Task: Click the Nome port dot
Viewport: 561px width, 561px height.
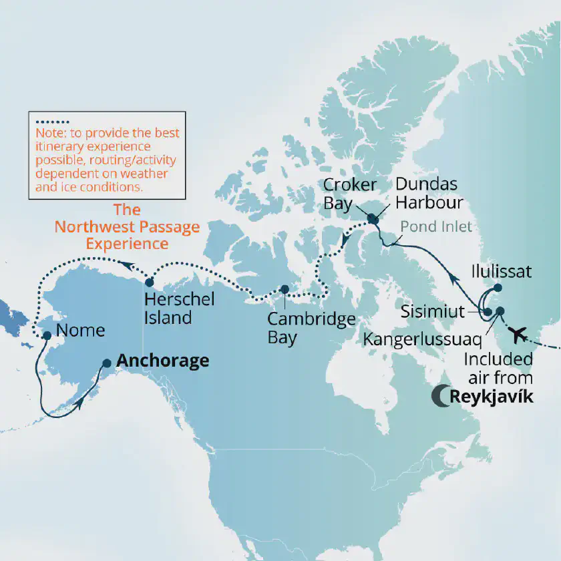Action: (47, 335)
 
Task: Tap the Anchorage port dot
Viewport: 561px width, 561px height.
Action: (106, 363)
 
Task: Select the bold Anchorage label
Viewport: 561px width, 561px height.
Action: (162, 361)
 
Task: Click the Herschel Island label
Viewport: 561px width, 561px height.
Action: (179, 307)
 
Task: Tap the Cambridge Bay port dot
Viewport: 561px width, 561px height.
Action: (285, 289)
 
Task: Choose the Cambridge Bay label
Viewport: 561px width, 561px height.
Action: (311, 327)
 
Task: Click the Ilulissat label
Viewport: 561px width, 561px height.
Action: (501, 272)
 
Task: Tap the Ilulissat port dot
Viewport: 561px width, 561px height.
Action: (498, 289)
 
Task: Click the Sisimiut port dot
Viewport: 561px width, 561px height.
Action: (488, 312)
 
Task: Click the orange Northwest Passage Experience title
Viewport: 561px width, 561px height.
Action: (127, 226)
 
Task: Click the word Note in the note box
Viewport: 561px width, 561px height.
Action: (48, 134)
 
